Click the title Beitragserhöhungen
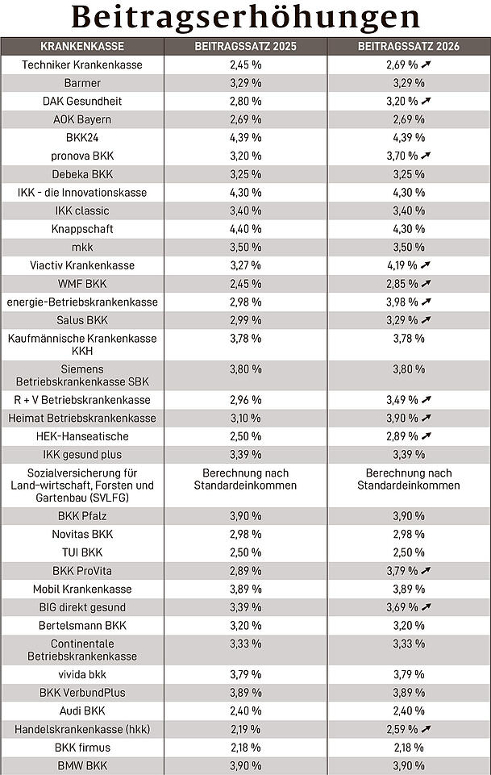[245, 17]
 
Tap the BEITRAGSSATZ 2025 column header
[245, 47]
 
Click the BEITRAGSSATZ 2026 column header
[408, 47]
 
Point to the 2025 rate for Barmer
[245, 83]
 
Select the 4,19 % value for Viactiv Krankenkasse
[402, 265]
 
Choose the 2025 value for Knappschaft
[245, 229]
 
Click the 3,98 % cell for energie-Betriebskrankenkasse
[402, 302]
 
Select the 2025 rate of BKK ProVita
[245, 571]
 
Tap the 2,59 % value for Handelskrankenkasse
[402, 729]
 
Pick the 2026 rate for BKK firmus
[408, 747]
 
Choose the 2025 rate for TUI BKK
[245, 552]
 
